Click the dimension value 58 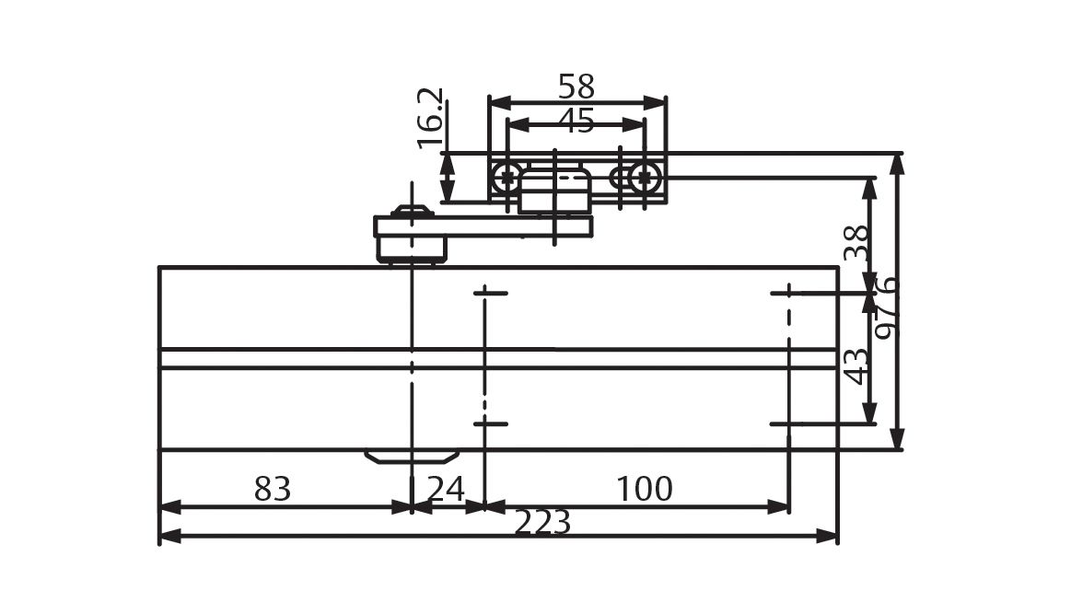pyautogui.click(x=576, y=87)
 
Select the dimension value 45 pyautogui.click(x=576, y=122)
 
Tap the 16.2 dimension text pyautogui.click(x=431, y=119)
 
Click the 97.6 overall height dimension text pyautogui.click(x=886, y=307)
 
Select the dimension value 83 pyautogui.click(x=273, y=490)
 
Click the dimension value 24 pyautogui.click(x=447, y=490)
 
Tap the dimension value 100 pyautogui.click(x=644, y=490)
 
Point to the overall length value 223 pyautogui.click(x=542, y=523)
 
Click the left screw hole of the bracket pyautogui.click(x=506, y=178)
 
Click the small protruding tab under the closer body pyautogui.click(x=412, y=457)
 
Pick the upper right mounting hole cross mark pyautogui.click(x=788, y=293)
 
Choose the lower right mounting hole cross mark pyautogui.click(x=788, y=424)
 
